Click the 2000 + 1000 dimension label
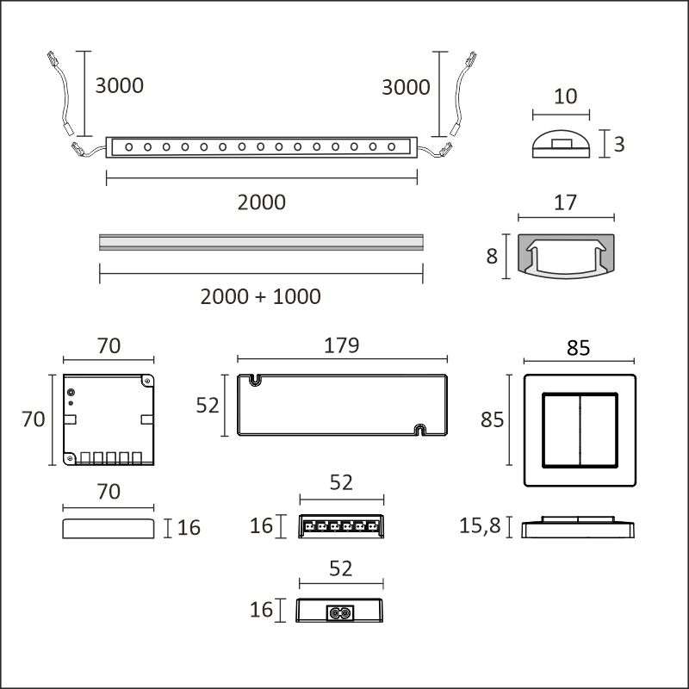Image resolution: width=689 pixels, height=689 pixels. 260,296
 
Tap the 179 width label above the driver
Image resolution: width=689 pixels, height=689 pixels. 341,345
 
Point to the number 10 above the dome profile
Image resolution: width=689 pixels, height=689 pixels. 565,96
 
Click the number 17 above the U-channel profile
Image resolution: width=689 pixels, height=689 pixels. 565,204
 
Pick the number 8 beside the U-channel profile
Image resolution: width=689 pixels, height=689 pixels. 492,256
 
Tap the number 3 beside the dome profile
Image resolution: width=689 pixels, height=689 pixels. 618,145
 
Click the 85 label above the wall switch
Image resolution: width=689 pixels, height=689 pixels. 578,349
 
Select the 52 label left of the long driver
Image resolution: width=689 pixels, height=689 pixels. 208,405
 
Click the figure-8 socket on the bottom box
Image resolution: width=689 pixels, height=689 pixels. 338,613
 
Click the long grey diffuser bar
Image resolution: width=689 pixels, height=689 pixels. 262,241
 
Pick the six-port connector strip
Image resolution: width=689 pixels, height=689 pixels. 341,526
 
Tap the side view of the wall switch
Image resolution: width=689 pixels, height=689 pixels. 578,527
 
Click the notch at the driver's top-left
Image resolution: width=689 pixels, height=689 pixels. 256,378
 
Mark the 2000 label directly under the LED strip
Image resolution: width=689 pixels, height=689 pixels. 262,202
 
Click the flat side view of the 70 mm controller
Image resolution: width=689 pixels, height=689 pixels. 109,527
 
